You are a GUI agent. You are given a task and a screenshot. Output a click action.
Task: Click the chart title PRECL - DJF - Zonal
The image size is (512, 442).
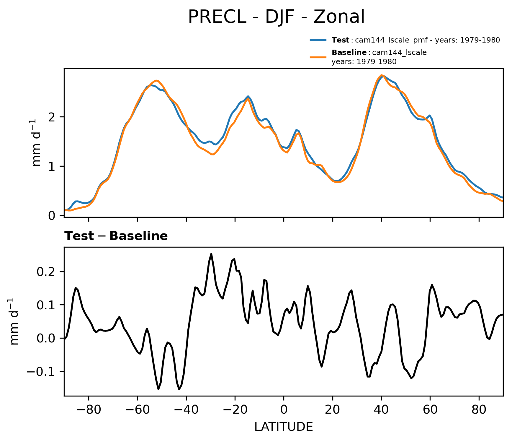point(276,17)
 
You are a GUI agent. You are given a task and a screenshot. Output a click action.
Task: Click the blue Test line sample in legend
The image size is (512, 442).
point(318,40)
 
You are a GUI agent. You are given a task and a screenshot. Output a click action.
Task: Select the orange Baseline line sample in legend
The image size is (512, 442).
point(318,57)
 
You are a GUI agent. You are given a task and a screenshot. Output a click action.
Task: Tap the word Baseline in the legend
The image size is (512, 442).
point(349,53)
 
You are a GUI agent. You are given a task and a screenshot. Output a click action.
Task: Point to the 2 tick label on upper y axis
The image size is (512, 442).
point(52,117)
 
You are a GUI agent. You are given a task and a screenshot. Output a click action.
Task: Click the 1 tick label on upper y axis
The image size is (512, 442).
point(52,166)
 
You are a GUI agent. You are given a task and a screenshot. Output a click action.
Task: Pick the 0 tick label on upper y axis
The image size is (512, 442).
point(52,216)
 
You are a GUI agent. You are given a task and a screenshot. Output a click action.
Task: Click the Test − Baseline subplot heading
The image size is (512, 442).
point(116,236)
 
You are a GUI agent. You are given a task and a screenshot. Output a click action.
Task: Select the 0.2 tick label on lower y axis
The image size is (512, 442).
point(46,272)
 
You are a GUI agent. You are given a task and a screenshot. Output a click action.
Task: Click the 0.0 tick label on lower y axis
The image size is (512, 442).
point(46,338)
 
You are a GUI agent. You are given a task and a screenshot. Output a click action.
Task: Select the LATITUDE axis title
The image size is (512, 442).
point(284,427)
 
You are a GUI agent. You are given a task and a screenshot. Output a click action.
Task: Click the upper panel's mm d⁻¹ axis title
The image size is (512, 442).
point(37,143)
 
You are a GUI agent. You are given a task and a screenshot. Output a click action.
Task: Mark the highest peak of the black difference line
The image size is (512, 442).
point(211,253)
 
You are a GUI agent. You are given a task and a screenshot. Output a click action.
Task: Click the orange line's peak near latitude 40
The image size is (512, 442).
point(381,75)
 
